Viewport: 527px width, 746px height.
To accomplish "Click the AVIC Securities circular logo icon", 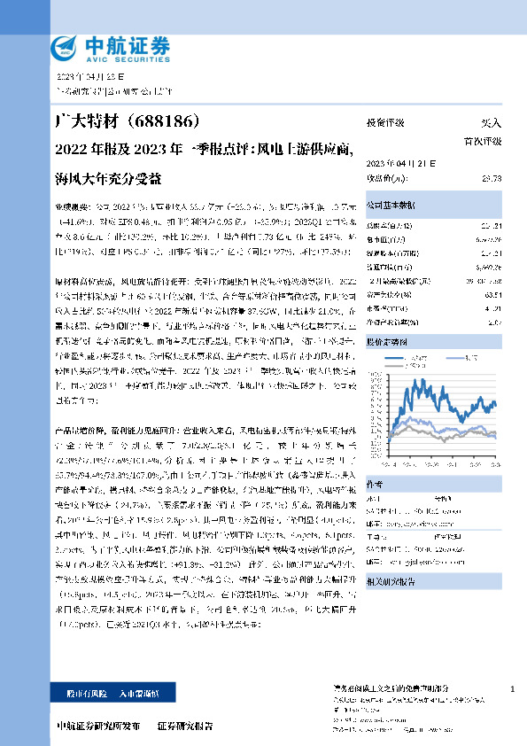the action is pyautogui.click(x=67, y=45).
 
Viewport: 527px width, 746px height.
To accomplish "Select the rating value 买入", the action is pyautogui.click(x=490, y=123).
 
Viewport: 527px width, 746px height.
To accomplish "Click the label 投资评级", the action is pyautogui.click(x=385, y=123).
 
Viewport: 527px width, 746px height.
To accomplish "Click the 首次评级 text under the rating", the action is pyautogui.click(x=482, y=141).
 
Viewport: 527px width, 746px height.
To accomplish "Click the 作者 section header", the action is pyautogui.click(x=375, y=484).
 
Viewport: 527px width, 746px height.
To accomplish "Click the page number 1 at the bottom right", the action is pyautogui.click(x=513, y=689).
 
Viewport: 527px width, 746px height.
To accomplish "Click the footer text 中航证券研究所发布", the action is pyautogui.click(x=98, y=726).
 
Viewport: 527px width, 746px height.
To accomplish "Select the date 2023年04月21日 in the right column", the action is pyautogui.click(x=396, y=165).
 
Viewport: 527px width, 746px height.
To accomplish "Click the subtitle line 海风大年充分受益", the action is pyautogui.click(x=108, y=177).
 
